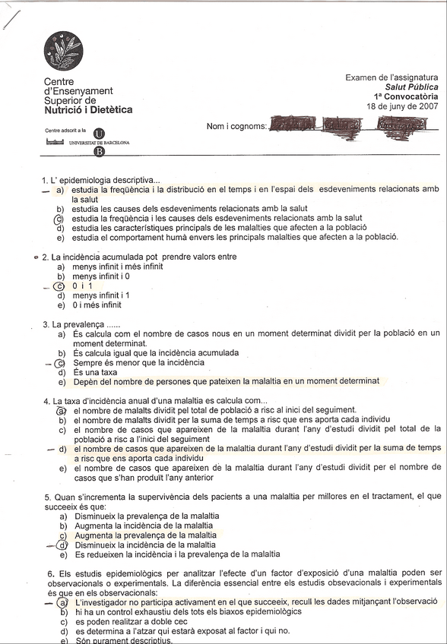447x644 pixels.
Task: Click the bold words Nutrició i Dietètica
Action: [x=88, y=110]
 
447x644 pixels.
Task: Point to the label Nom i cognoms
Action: [x=236, y=127]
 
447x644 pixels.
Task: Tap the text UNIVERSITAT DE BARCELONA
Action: [x=99, y=142]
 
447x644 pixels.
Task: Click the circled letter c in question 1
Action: [x=60, y=218]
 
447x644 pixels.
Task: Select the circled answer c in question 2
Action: [x=60, y=286]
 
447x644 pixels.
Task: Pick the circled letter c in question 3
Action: [x=60, y=363]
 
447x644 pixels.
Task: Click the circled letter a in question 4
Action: [x=61, y=410]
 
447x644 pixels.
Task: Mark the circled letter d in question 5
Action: [x=60, y=545]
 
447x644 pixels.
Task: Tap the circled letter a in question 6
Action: [x=62, y=601]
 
